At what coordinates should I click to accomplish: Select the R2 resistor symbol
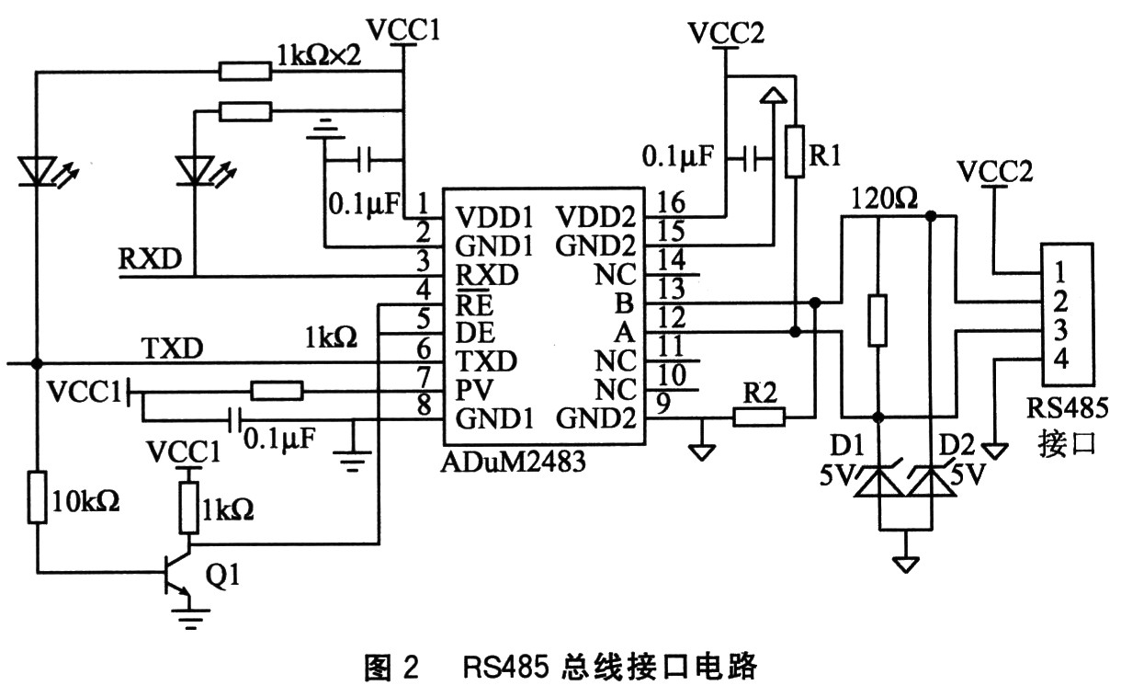pos(759,417)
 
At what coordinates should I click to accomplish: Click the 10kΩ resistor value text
pos(88,502)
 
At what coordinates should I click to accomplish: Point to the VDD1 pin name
pos(494,219)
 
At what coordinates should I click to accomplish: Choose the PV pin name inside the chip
pos(470,390)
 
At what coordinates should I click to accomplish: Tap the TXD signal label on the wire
pos(168,348)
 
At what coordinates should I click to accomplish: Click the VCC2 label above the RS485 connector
pos(995,171)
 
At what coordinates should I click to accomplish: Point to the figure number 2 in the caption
pos(411,667)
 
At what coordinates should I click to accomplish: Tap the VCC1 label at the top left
pos(403,29)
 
